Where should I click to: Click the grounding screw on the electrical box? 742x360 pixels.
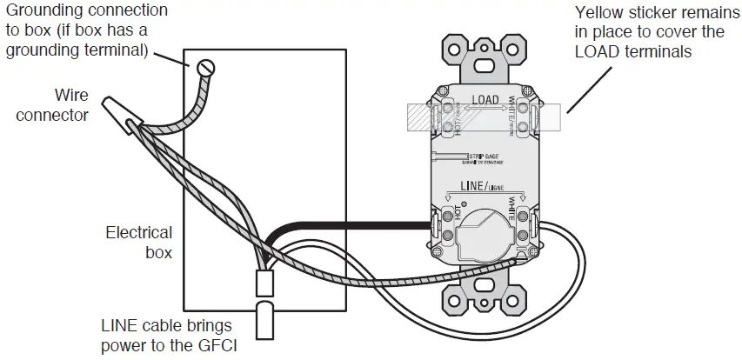pos(206,66)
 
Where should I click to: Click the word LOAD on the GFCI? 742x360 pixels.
pos(485,100)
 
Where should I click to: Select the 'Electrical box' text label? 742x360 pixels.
pos(139,243)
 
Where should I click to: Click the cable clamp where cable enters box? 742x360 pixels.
pos(264,283)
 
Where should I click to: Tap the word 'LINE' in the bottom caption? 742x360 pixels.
pos(117,326)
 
